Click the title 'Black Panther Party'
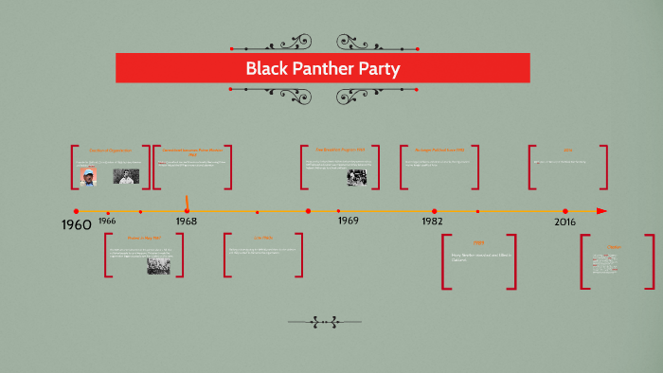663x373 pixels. click(323, 68)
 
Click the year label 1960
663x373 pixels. click(76, 224)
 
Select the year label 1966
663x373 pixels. click(107, 221)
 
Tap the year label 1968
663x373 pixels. click(186, 221)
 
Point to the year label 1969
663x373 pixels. click(348, 220)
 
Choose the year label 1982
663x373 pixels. click(433, 221)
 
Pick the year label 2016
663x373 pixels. click(564, 221)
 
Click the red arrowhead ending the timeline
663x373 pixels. click(601, 211)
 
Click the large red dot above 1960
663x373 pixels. click(76, 210)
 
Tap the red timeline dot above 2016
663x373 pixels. click(565, 211)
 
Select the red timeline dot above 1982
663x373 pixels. click(435, 211)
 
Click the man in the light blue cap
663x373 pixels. click(88, 177)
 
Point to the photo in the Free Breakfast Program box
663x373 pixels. click(357, 176)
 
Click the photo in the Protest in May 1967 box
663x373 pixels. click(158, 265)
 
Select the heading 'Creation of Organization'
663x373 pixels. click(110, 151)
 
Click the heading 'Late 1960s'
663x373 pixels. click(262, 238)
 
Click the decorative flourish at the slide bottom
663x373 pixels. click(325, 322)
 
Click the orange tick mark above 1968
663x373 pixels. click(188, 203)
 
